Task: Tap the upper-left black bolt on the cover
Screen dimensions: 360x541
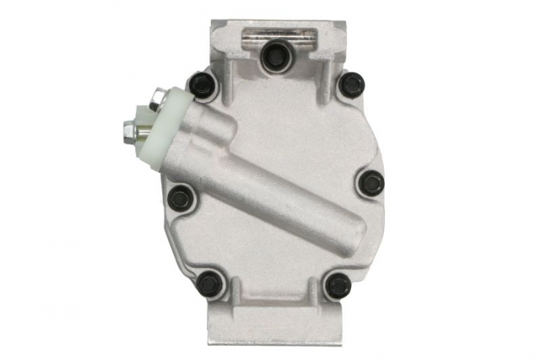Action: [202, 83]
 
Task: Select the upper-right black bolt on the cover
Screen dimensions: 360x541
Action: [352, 83]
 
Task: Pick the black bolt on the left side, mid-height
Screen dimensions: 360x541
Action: [182, 198]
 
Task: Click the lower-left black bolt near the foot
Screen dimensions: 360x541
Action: [210, 284]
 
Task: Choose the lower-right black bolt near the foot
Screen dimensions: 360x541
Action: [338, 285]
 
